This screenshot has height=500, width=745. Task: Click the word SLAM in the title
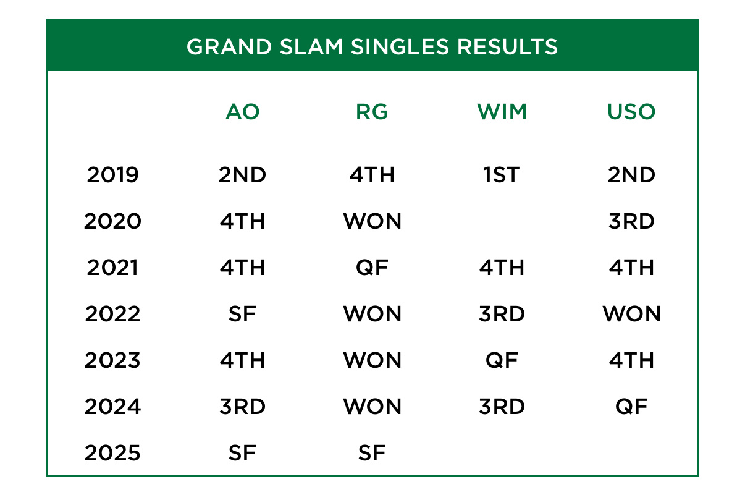pos(311,46)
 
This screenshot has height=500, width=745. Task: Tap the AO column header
pos(242,112)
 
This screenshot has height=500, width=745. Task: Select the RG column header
pos(372,112)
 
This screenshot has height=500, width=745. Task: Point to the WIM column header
pos(502,112)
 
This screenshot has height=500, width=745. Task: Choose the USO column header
pos(631,112)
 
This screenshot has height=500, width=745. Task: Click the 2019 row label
pos(113,175)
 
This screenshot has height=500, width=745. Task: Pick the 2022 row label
pos(113,314)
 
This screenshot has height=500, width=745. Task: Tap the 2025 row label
pos(113,453)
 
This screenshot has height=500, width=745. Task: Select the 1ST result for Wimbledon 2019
pos(502,175)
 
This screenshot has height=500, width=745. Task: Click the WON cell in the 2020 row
pos(372,221)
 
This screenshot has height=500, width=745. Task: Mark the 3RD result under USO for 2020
pos(631,221)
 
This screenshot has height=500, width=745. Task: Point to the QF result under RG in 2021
pos(372,268)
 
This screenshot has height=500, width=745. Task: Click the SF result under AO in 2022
pos(242,314)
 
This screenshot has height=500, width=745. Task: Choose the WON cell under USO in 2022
pos(631,314)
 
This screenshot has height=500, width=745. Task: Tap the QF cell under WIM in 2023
pos(502,360)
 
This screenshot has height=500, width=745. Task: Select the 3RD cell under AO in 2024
pos(242,407)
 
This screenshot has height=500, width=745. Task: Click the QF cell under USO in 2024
pos(631,407)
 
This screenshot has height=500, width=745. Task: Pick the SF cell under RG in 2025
pos(372,453)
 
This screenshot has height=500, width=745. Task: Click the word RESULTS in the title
pos(507,46)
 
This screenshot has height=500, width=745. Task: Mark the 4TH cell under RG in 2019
pos(372,175)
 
